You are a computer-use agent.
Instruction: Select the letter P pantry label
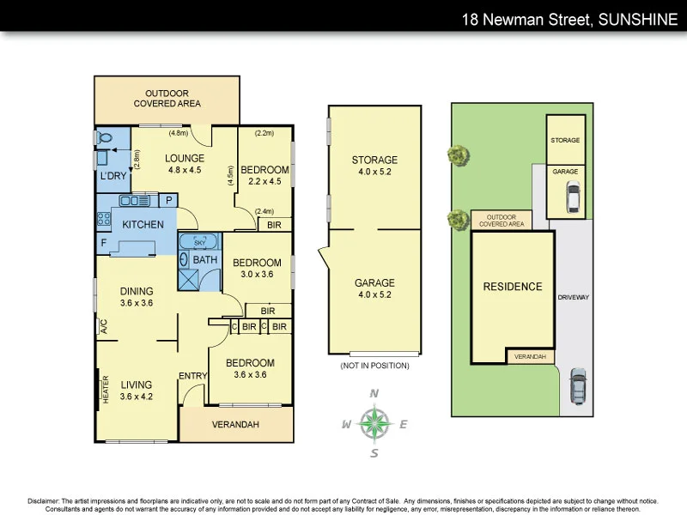(169, 200)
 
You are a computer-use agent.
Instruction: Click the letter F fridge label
(104, 243)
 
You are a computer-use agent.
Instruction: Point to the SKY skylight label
(201, 243)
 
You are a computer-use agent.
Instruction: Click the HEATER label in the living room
(106, 389)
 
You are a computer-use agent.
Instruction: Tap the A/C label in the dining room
(103, 326)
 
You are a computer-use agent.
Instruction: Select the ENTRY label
(192, 376)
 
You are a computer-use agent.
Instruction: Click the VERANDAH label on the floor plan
(237, 423)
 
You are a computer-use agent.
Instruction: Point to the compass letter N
(374, 393)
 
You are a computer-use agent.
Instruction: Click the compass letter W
(346, 424)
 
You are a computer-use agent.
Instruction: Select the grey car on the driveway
(579, 387)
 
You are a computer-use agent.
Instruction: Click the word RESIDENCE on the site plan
(513, 287)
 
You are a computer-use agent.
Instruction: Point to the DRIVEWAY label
(574, 297)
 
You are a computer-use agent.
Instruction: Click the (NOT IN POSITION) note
(374, 366)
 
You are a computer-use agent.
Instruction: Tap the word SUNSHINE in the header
(636, 17)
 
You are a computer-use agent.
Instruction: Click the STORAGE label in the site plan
(566, 140)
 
